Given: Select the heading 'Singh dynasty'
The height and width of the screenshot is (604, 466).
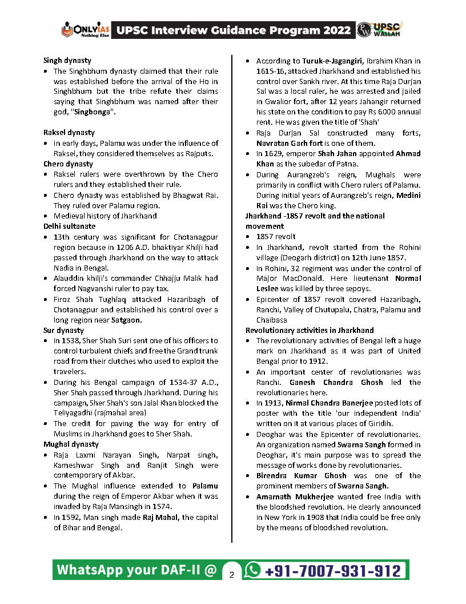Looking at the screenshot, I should [x=67, y=61].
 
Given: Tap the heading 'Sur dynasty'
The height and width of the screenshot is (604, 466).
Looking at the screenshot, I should [x=63, y=330].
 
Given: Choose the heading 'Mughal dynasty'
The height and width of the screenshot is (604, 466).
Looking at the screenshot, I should [x=70, y=444].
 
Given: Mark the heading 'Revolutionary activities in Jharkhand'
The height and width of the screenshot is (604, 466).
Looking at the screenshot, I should [x=310, y=330].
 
